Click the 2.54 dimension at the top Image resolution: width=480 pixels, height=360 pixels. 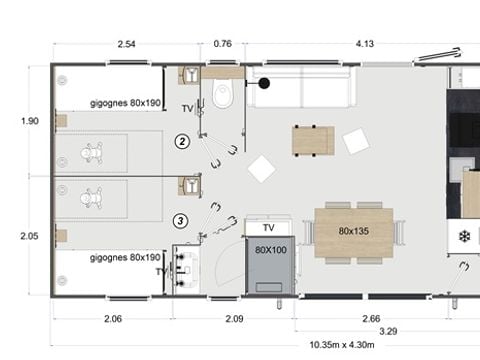[x=127, y=43]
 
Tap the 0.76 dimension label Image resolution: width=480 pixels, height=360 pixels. [x=223, y=43]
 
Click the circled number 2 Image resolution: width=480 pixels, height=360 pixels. [x=181, y=141]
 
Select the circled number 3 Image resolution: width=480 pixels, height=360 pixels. [x=180, y=220]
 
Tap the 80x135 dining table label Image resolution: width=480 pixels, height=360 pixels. [x=354, y=232]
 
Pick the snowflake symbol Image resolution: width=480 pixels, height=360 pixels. [x=464, y=237]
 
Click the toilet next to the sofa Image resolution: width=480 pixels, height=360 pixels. [x=222, y=94]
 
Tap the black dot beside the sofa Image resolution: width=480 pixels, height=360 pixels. [x=265, y=83]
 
